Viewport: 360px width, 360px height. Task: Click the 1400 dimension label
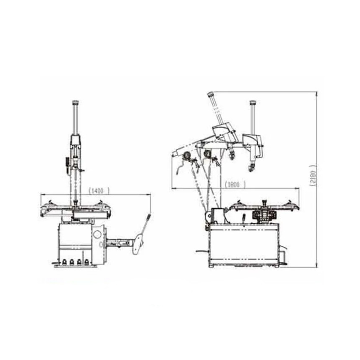point(99,190)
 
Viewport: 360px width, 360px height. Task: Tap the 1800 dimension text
point(235,185)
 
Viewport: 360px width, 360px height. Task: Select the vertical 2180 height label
point(313,175)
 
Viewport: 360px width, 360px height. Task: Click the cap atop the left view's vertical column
point(75,103)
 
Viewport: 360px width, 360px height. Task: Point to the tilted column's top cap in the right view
point(211,94)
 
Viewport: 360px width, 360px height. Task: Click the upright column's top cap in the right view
point(253,103)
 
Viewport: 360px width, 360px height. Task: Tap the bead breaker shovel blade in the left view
point(138,244)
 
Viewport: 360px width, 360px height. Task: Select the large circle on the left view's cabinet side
point(98,235)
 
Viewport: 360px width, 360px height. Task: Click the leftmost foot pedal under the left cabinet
point(64,262)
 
